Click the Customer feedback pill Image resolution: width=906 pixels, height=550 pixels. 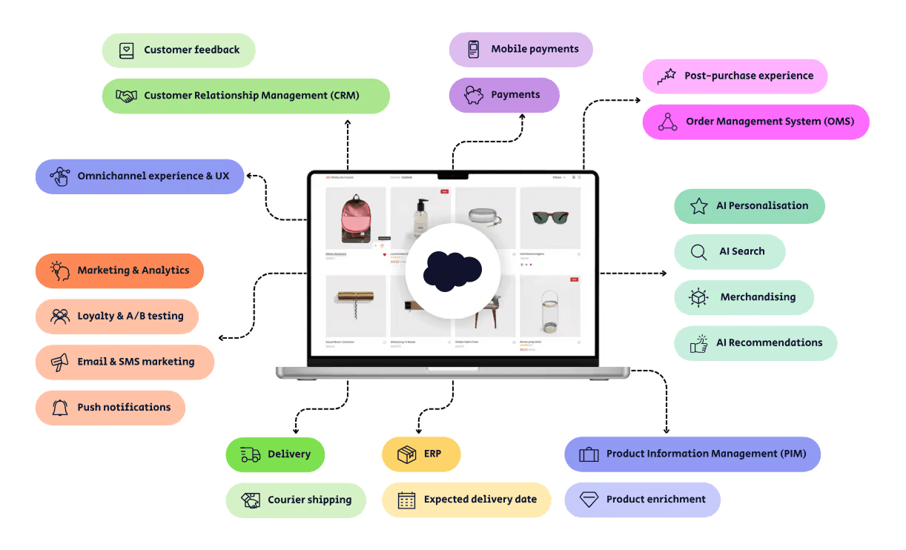(x=179, y=50)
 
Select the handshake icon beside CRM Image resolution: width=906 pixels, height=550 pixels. (x=127, y=96)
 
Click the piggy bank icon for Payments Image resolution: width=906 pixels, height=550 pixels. (x=474, y=95)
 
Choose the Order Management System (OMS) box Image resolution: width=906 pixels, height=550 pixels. (x=755, y=122)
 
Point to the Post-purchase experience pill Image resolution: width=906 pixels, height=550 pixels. (x=735, y=76)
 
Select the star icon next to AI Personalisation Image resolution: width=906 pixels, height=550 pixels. (x=698, y=206)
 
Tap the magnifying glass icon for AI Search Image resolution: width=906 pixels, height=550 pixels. (x=698, y=252)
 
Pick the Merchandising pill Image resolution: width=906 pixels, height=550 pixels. (x=744, y=297)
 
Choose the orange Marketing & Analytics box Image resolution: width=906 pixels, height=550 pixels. (x=119, y=271)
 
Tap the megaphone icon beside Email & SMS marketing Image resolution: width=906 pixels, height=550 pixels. (x=60, y=362)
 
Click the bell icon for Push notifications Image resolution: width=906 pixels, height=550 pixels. (x=60, y=408)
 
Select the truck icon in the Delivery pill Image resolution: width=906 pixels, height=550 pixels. (x=250, y=454)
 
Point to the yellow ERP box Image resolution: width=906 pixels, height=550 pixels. (x=421, y=454)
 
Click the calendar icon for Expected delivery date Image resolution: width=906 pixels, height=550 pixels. (x=406, y=500)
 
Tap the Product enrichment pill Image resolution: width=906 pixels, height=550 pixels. (x=642, y=500)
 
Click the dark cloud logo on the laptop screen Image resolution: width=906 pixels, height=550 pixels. (x=452, y=270)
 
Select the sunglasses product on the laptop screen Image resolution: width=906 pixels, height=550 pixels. (x=550, y=218)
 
